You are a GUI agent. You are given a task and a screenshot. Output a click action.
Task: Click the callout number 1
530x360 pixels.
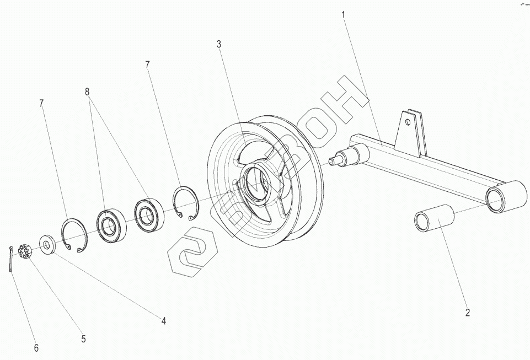pos(343,15)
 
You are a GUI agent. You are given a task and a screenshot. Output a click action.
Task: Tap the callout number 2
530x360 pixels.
pos(468,313)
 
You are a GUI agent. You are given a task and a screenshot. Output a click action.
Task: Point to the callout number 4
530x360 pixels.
pos(164,320)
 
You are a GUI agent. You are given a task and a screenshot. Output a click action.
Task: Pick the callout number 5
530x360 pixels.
pos(83,339)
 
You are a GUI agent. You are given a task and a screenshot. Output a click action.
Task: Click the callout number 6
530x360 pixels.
pos(36,348)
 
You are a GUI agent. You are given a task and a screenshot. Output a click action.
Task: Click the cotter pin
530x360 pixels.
pos(11,259)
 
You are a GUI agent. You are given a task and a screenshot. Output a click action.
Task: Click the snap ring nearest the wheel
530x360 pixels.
pos(186,203)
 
